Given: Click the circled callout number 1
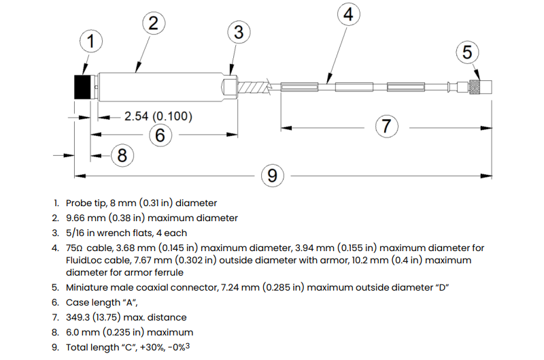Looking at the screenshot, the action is (91, 41).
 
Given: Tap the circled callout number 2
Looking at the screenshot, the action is (154, 23).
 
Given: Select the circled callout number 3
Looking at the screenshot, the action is (239, 32).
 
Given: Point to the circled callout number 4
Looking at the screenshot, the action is (348, 14).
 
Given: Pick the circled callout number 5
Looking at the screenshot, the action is (467, 52).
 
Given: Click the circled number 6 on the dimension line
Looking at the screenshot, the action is (160, 135).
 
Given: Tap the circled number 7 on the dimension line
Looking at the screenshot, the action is (386, 126).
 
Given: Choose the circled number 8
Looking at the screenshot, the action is (122, 155).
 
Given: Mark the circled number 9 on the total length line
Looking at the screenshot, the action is (273, 176).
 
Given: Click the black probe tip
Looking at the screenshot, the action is (82, 87).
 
